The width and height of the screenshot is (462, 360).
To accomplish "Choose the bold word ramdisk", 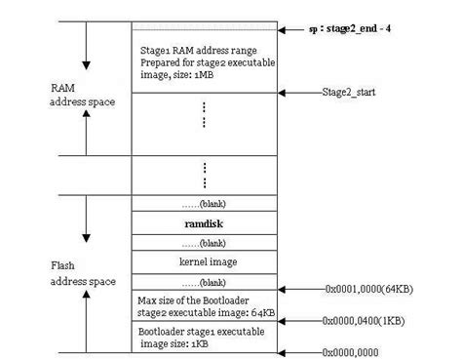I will tap(205, 223).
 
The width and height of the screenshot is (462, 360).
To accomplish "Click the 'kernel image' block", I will tap(205, 261).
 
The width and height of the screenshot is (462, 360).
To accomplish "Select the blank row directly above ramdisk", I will tap(205, 204).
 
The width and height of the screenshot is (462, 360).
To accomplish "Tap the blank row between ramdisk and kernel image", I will tap(205, 242).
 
